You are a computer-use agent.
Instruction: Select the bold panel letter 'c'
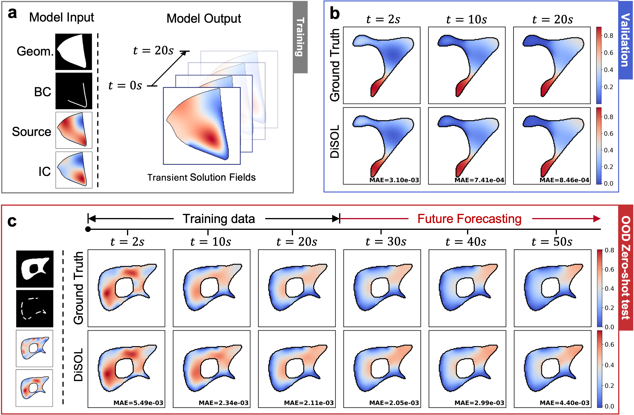coord(12,221)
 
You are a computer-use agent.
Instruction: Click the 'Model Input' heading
coord(61,17)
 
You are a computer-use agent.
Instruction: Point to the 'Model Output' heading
coord(204,19)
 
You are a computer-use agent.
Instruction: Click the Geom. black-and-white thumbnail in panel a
coord(74,52)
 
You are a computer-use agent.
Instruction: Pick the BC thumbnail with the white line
coord(74,91)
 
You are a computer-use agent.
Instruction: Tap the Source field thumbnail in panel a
coord(74,130)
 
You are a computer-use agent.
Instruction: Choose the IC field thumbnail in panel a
coord(74,170)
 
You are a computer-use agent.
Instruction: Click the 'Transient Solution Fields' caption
coord(201,177)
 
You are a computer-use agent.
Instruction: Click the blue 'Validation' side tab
coord(625,40)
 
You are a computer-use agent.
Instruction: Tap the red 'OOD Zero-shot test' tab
coord(626,268)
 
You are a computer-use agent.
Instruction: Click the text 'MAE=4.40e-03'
coord(564,403)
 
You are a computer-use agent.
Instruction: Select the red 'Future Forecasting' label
coord(469,219)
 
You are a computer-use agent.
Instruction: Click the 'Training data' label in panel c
coord(219,219)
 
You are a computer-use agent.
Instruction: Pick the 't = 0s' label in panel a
coord(125,86)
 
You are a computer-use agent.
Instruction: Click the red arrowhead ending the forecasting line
coord(597,219)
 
